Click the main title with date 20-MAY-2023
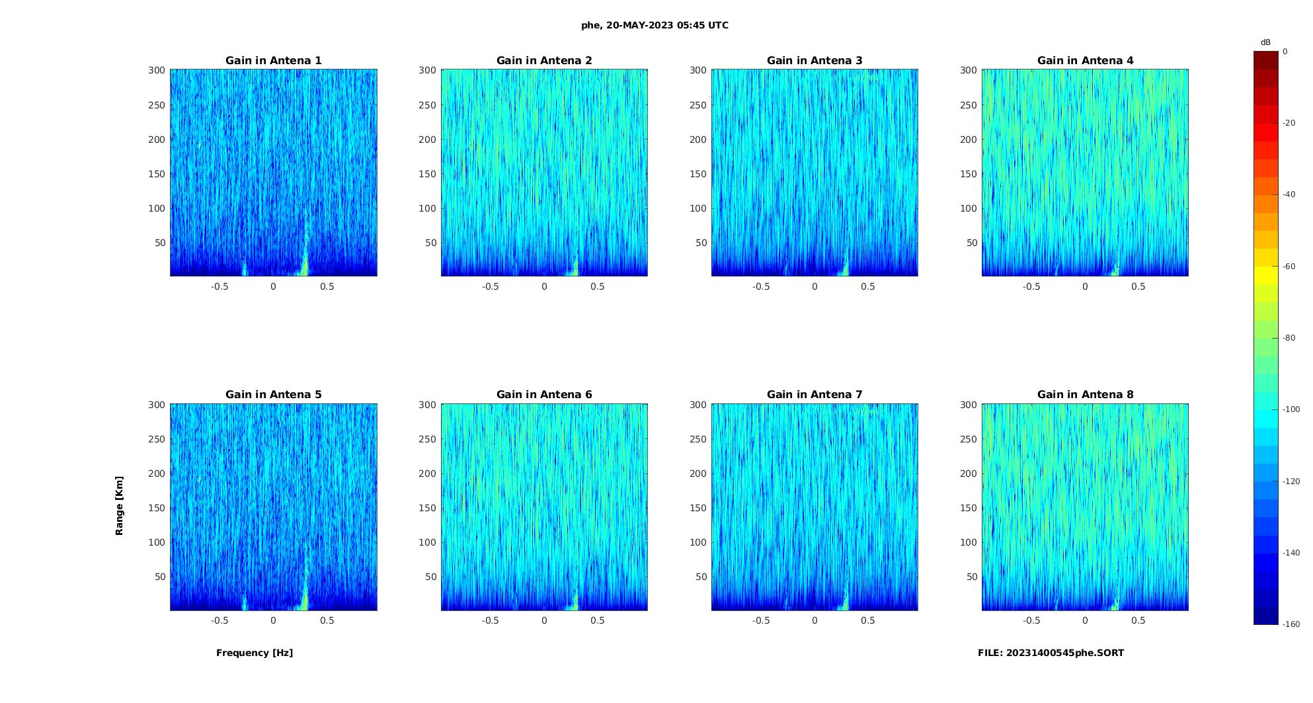point(655,25)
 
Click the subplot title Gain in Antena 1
point(274,60)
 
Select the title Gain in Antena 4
point(1085,60)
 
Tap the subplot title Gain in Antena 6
point(544,394)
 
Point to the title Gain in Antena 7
point(815,394)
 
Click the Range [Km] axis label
point(119,506)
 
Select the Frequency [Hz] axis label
point(255,653)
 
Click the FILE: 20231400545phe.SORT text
point(1051,653)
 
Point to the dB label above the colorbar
point(1265,42)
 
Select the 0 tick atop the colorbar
point(1285,51)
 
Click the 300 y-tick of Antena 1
point(157,70)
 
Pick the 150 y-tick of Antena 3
point(698,174)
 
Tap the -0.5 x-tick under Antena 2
point(490,286)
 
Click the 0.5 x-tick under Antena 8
point(1138,620)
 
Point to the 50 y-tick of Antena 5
point(160,577)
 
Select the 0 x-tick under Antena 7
point(815,620)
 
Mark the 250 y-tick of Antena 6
point(427,439)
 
